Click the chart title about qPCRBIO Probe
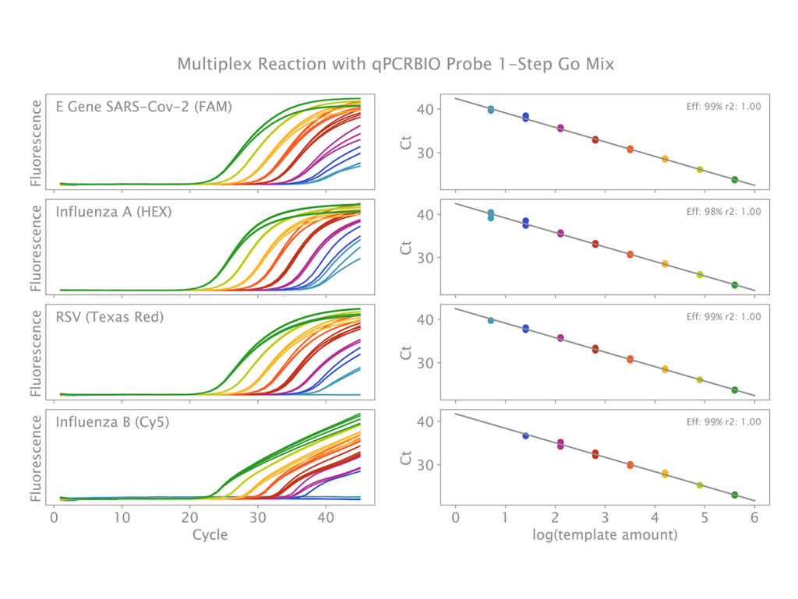395,64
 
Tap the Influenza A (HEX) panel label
114,212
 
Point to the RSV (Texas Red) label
114,317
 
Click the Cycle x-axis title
210,535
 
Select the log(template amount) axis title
605,535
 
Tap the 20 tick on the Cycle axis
189,517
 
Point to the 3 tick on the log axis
605,517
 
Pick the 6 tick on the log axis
754,517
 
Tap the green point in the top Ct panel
735,180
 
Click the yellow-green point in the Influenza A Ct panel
700,274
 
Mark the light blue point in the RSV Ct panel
491,320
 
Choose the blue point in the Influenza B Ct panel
525,435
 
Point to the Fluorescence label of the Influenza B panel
35,456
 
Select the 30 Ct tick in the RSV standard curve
427,362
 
